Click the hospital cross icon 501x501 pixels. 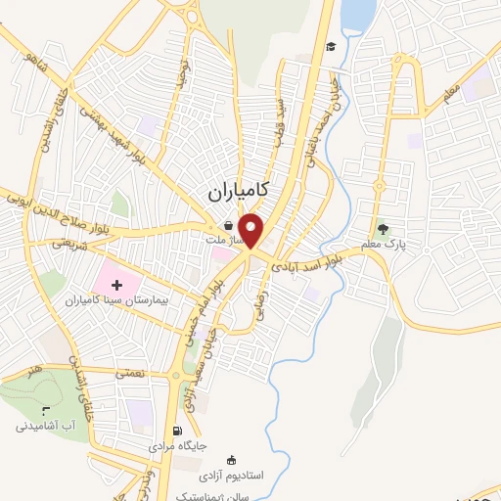pos(131,283)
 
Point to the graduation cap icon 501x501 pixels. pos(332,47)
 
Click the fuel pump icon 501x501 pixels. pos(177,431)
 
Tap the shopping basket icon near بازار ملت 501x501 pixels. pos(227,225)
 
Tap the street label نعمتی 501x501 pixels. pos(128,372)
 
